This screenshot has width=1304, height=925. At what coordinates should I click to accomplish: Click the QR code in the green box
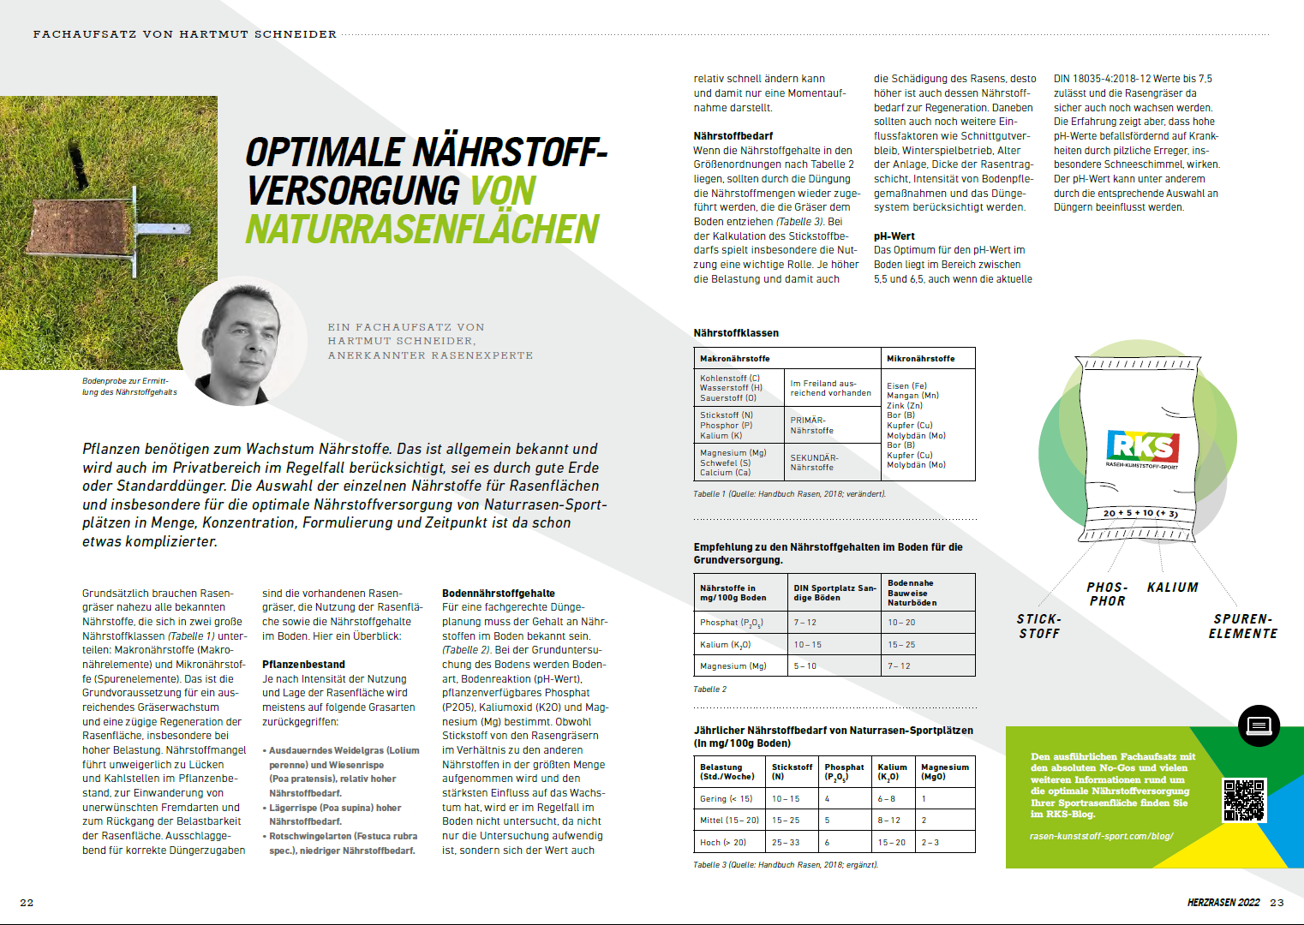1243,800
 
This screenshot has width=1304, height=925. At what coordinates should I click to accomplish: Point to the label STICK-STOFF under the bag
1039,626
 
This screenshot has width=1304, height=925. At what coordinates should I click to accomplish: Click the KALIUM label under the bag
1172,588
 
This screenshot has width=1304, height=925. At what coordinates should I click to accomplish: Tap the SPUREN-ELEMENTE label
1242,626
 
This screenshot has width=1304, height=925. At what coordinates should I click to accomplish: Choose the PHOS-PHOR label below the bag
1107,594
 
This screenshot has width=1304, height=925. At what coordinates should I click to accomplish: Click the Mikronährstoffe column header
920,359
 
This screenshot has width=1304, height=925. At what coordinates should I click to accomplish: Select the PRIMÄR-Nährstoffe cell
811,426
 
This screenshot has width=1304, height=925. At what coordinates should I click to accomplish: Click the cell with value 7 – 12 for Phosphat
805,623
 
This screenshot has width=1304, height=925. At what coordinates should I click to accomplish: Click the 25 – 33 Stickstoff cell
786,843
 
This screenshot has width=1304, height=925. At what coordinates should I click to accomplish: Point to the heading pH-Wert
894,236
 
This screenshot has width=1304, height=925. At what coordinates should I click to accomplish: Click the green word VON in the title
503,191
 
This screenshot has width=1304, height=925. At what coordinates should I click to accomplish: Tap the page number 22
27,903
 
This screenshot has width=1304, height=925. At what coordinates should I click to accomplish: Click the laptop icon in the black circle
1259,726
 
